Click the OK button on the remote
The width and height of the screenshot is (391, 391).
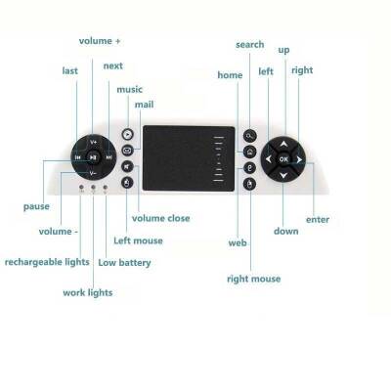coord(283,157)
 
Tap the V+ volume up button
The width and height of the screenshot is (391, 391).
coord(93,141)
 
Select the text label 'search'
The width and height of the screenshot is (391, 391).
coord(250,45)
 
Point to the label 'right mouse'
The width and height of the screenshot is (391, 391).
coord(253,280)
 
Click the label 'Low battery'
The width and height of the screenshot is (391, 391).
coord(125,262)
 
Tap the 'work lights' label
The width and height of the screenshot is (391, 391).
coord(87,292)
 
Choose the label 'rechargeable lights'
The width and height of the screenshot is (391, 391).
coord(47,262)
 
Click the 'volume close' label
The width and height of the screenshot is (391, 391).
coord(160,218)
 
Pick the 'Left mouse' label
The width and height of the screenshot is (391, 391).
coord(139,239)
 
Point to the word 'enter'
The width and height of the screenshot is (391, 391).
coord(318,219)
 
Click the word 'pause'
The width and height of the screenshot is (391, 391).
coord(36,206)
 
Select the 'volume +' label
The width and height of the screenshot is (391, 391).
coord(101,41)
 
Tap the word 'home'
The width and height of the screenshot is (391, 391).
coord(230,75)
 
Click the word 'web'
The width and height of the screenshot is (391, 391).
coord(237,241)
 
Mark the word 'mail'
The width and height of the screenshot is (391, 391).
coord(144,104)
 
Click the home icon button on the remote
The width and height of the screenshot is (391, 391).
coord(250,152)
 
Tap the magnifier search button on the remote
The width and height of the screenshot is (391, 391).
coord(250,135)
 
